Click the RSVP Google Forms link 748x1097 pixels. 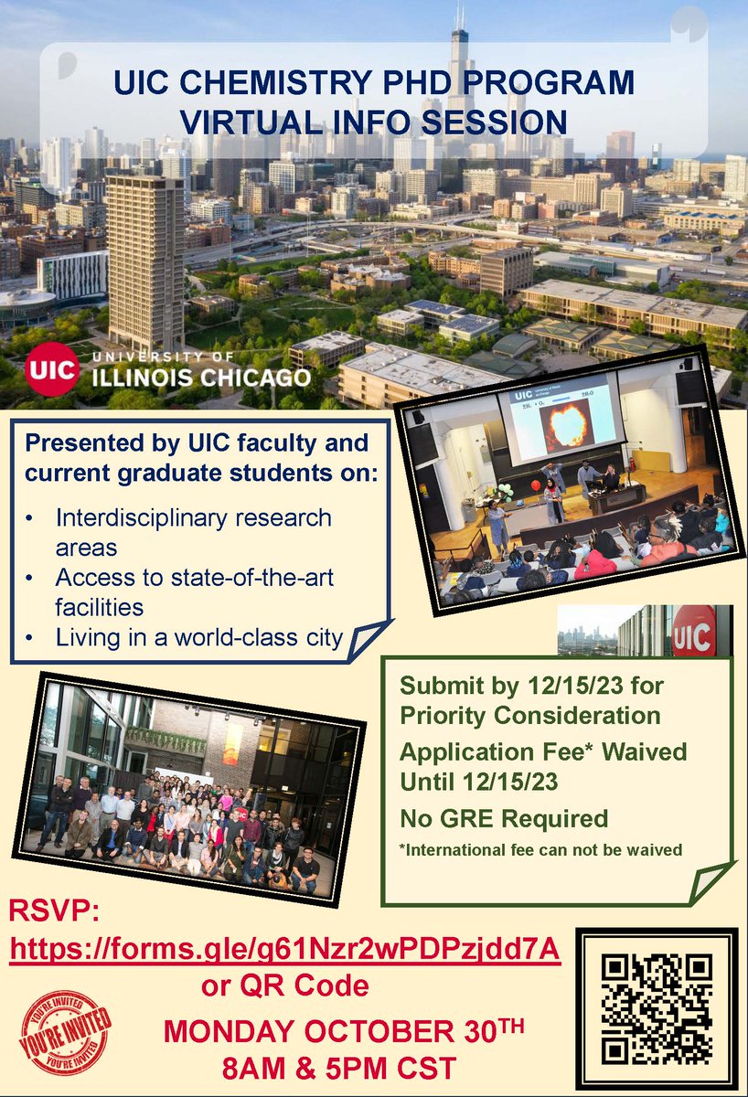(x=284, y=951)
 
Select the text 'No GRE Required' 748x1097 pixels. (x=504, y=817)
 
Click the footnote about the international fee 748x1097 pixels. (x=541, y=850)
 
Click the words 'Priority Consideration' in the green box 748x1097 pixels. (x=530, y=714)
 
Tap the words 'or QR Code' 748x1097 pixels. (x=285, y=985)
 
